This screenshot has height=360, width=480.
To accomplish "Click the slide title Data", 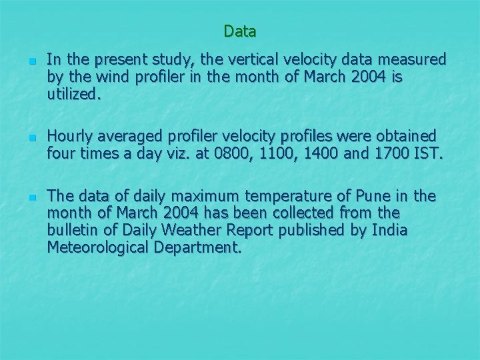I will (240, 31).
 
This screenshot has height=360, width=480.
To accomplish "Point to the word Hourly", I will (71, 136).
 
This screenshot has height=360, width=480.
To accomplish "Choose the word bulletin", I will (71, 231).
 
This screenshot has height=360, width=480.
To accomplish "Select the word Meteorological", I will (99, 248).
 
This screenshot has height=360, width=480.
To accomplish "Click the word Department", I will (198, 248).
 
